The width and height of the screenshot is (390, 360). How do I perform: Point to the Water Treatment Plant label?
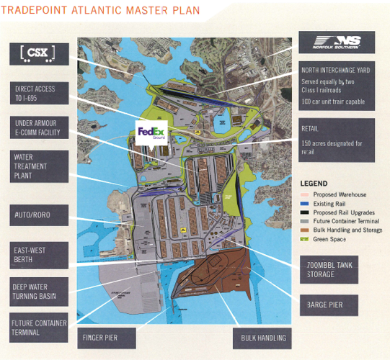point(41,166)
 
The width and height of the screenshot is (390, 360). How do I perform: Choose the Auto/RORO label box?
point(41,215)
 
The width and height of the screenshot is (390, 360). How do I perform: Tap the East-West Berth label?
point(41,255)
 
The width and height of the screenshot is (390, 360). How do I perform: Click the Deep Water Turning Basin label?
point(41,292)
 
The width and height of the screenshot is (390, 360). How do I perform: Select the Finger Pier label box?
point(107,337)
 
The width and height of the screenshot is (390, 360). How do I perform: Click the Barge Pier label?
point(329,305)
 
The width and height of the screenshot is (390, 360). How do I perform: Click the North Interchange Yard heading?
point(335,71)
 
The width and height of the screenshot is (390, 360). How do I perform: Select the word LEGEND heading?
point(316,184)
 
